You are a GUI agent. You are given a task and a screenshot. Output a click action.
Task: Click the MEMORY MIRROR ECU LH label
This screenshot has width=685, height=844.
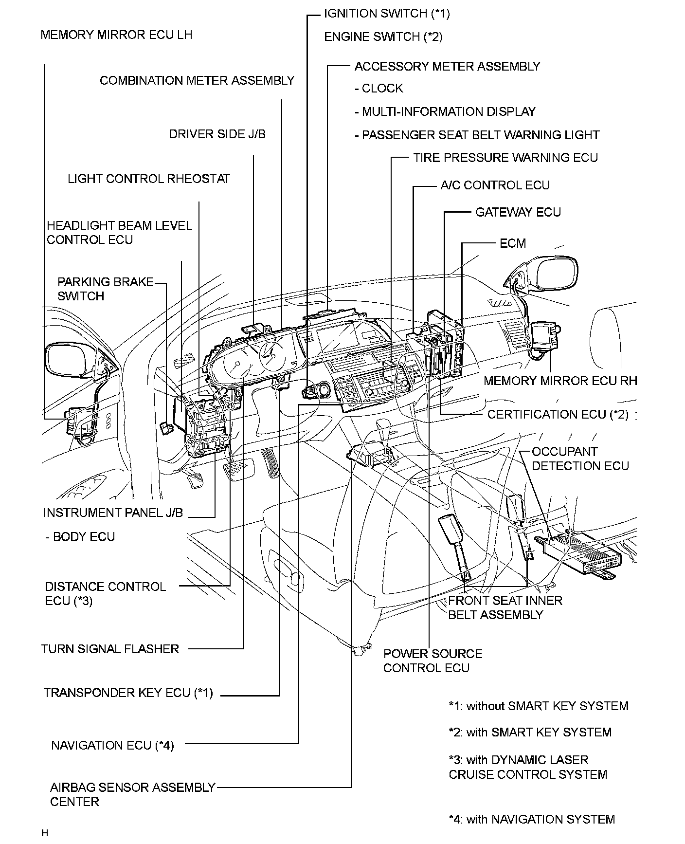[x=116, y=35]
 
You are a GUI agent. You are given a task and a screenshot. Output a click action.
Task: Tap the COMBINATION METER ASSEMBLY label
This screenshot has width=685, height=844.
[x=197, y=80]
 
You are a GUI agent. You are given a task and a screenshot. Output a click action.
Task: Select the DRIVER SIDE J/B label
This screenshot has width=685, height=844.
[x=217, y=134]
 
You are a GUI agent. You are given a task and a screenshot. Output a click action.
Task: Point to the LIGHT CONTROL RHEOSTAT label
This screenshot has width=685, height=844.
[x=148, y=179]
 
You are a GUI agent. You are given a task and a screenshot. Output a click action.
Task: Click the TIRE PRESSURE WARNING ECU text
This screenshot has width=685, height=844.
[x=505, y=158]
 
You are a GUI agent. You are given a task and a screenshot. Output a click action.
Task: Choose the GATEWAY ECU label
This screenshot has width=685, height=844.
[x=518, y=212]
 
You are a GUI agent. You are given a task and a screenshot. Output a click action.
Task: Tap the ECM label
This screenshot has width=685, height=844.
[x=513, y=243]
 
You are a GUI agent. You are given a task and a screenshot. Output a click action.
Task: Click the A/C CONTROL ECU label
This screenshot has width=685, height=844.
[x=495, y=185]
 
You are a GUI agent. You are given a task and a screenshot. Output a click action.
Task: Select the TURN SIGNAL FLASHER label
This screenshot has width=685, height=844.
[x=110, y=649]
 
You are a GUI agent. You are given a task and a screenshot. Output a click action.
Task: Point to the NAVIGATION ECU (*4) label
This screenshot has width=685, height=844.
[x=112, y=745]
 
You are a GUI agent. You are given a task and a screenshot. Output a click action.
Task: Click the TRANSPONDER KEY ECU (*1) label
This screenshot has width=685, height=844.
[x=128, y=693]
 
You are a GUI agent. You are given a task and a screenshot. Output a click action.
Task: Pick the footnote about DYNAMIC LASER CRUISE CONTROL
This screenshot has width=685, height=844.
[x=528, y=767]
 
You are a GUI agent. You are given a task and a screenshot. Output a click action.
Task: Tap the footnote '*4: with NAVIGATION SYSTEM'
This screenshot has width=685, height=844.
[x=532, y=819]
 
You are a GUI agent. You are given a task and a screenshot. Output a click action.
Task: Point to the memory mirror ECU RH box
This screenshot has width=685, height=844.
[x=547, y=335]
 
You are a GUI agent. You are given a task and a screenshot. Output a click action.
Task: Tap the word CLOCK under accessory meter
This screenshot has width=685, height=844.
[x=382, y=89]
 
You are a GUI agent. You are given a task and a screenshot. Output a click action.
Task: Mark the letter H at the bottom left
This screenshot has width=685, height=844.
[x=45, y=833]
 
